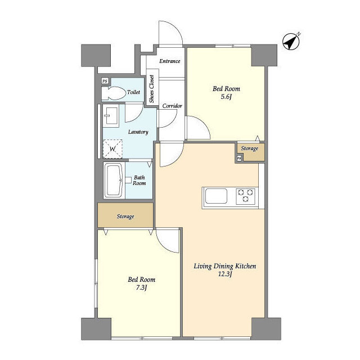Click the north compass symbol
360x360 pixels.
(x=291, y=42)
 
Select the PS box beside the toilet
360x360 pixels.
(x=105, y=81)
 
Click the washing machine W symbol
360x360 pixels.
(x=112, y=148)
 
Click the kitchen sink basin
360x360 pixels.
(x=216, y=196)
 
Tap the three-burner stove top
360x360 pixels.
(x=245, y=196)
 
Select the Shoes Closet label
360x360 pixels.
(x=151, y=89)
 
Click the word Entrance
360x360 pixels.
(x=170, y=61)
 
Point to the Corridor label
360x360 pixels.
(x=172, y=106)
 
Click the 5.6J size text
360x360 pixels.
(x=226, y=97)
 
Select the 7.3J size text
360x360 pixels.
(x=141, y=287)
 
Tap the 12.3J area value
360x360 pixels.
(x=225, y=274)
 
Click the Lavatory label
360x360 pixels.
(x=138, y=132)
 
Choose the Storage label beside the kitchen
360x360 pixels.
(x=250, y=148)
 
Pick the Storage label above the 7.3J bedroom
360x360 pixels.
(x=125, y=217)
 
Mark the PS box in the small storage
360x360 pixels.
(x=239, y=158)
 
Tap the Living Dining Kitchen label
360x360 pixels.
(x=225, y=266)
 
